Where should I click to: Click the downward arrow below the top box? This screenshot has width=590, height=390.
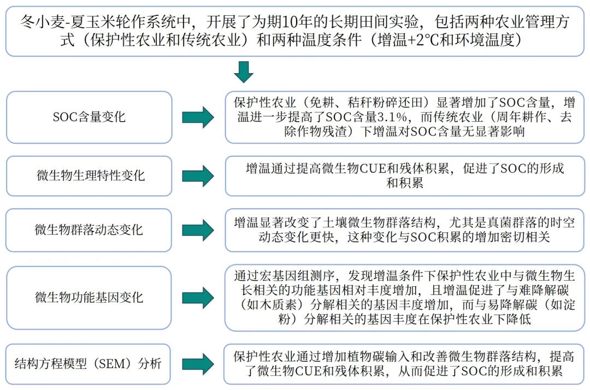point(244,72)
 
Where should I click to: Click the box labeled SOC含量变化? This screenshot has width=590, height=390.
point(89,117)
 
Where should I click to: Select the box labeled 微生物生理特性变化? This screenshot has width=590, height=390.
point(89,175)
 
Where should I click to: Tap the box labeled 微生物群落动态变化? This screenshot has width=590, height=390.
point(89,229)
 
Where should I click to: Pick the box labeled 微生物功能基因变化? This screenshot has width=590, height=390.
point(89,297)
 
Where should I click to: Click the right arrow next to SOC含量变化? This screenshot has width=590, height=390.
point(198,117)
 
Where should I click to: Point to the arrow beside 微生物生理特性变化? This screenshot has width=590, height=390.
point(198,175)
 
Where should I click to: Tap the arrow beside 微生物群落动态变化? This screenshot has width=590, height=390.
point(198,229)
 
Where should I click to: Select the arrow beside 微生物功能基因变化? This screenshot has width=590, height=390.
point(198,297)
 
